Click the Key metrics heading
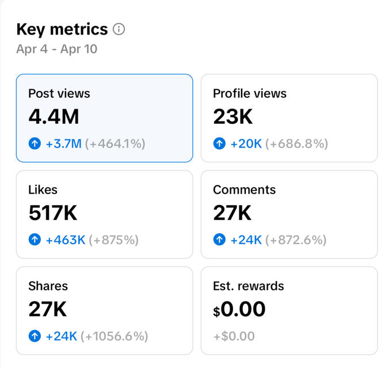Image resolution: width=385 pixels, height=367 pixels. pos(62,29)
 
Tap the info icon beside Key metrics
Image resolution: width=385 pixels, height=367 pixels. pos(119,29)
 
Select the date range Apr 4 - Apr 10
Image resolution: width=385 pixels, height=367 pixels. pos(56,50)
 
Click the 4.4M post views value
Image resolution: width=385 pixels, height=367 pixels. pos(54,117)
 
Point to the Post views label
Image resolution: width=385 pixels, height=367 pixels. pos(59,93)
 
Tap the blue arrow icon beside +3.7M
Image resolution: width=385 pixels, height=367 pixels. pos(35,143)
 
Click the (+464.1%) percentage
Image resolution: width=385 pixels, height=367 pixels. pos(115,143)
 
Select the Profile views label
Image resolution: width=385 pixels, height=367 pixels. pos(249,93)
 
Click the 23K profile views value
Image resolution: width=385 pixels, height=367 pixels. pos(232,117)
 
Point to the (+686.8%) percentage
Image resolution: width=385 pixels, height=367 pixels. pos(296,143)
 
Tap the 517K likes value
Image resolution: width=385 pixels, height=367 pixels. pos(52,213)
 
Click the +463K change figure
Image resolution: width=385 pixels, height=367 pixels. pos(66,240)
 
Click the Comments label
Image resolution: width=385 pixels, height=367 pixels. pos(244,190)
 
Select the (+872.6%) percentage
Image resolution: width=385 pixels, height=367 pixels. pos(296,240)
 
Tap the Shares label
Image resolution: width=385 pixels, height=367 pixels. pos(48,286)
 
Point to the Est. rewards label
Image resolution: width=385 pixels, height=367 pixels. pos(248,286)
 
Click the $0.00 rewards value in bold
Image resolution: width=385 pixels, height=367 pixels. pos(239,310)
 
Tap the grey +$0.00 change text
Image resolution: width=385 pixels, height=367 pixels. pos(234,336)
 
